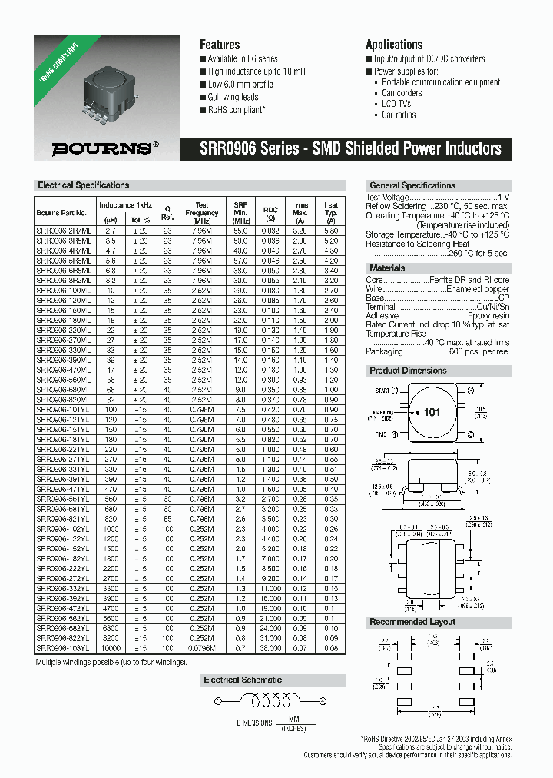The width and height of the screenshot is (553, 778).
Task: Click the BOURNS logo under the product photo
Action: click(107, 149)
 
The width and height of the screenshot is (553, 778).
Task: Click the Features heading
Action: click(220, 45)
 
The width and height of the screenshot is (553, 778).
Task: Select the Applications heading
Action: click(393, 45)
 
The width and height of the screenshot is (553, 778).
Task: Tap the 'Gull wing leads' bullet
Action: click(233, 98)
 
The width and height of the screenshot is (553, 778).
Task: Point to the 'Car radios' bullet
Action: click(399, 115)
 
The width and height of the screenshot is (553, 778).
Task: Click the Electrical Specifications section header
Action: click(84, 185)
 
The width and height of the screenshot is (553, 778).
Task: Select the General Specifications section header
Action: click(412, 185)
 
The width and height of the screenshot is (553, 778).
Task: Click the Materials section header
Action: click(388, 268)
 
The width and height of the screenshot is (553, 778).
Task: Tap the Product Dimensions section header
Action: click(408, 371)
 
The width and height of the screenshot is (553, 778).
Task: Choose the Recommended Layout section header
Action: click(412, 621)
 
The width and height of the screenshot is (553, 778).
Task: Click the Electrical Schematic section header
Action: click(242, 680)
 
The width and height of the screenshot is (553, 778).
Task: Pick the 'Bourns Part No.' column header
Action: click(61, 212)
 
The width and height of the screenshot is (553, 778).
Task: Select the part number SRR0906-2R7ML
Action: click(64, 230)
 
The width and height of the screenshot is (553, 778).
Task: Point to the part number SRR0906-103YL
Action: click(64, 648)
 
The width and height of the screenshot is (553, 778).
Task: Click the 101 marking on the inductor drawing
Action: click(432, 413)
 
